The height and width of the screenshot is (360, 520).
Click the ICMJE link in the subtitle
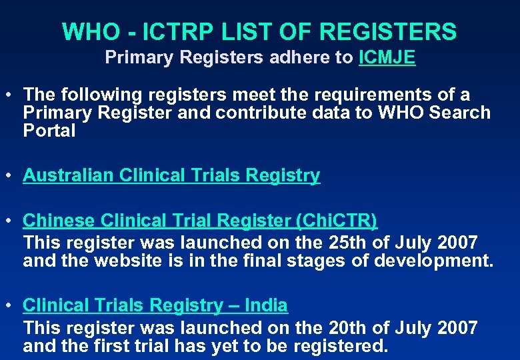pos(387,58)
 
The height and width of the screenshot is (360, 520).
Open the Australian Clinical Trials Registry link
pos(171,175)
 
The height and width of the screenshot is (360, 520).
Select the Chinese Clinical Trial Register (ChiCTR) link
pos(200,220)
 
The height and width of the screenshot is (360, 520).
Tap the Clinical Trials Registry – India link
pos(155,305)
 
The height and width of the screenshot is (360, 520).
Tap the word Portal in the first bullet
pos(49,131)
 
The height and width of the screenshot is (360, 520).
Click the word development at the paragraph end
pos(431,261)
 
